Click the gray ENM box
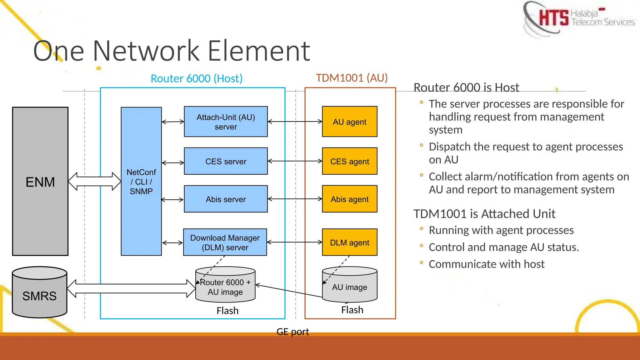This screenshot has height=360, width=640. [40, 181]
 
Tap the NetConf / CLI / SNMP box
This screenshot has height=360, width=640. [141, 181]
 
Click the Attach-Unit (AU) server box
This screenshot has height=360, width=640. [226, 122]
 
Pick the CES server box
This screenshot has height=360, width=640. [226, 161]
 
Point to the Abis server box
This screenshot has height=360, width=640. [226, 199]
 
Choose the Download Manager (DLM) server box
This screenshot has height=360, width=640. [225, 242]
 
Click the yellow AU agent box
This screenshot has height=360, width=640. [349, 122]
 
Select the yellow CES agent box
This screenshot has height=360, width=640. [349, 161]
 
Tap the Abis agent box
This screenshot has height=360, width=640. [349, 199]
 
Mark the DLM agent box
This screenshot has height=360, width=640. [349, 242]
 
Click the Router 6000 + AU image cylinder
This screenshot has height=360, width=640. [225, 286]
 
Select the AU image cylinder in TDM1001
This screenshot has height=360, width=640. [349, 286]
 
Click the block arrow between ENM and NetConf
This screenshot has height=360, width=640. [94, 181]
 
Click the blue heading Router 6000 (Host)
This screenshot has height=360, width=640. [196, 78]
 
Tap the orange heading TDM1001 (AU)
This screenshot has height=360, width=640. [352, 78]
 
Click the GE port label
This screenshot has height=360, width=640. [292, 332]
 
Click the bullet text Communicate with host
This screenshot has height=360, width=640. [486, 264]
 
